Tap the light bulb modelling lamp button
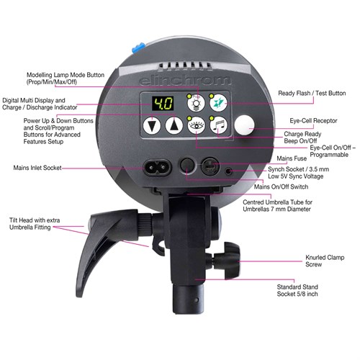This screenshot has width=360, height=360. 194,103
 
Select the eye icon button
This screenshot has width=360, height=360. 194,126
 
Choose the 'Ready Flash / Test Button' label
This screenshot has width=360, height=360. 311,93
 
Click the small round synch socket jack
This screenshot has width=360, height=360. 229,171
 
